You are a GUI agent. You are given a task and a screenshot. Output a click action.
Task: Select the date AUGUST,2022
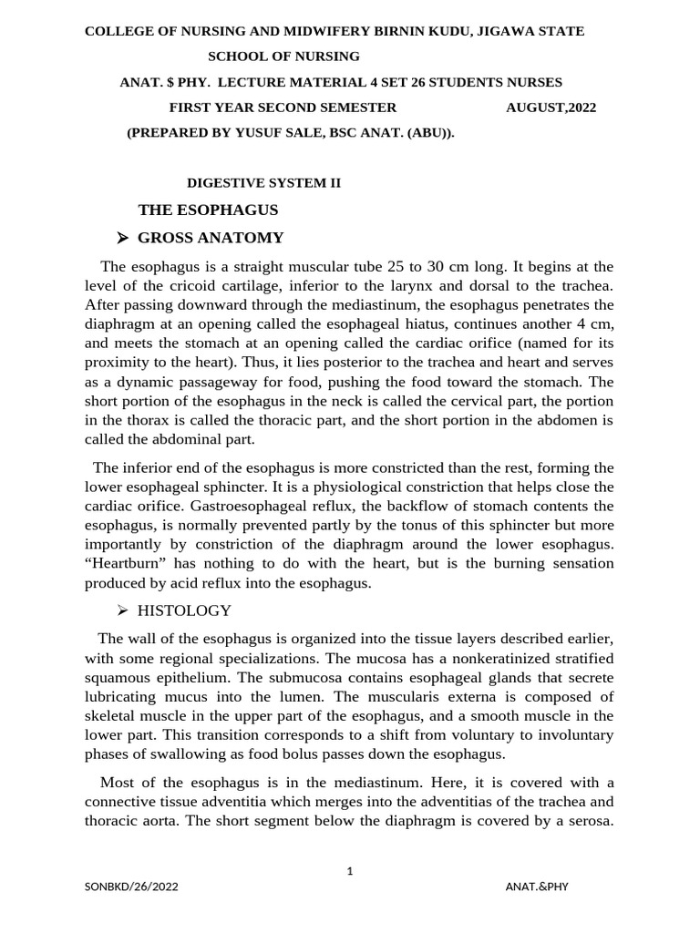point(551,108)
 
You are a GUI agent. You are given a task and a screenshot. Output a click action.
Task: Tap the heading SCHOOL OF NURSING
point(283,56)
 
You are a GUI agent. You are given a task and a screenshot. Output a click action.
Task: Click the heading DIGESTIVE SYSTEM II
point(263,182)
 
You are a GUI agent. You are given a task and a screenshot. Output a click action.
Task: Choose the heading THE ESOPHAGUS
point(208,210)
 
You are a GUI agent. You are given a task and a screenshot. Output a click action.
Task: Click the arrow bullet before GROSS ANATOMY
point(123,239)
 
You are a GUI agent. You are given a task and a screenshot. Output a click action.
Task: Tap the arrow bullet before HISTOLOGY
point(123,610)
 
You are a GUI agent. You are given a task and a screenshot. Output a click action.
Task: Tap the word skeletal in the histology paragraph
point(114,715)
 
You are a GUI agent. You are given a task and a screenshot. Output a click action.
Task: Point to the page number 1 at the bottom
point(350,871)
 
